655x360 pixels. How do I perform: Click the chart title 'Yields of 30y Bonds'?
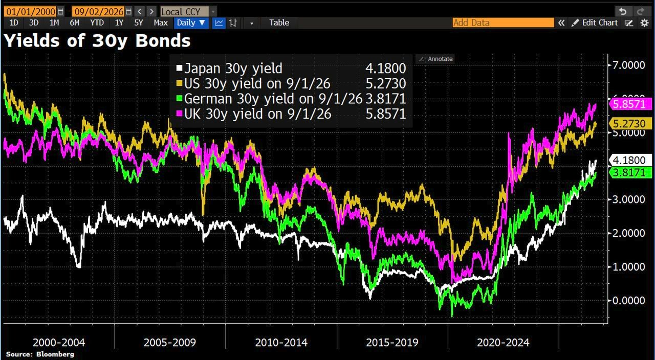pyautogui.click(x=97, y=40)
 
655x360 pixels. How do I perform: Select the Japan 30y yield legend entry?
pyautogui.click(x=291, y=69)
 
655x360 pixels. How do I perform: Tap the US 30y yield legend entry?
pyautogui.click(x=291, y=84)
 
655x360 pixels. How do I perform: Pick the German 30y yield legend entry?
pyautogui.click(x=291, y=99)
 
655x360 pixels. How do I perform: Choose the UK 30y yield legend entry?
pyautogui.click(x=291, y=114)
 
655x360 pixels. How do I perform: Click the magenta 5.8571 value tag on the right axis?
pyautogui.click(x=630, y=104)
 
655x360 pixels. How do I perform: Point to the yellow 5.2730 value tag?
pyautogui.click(x=630, y=124)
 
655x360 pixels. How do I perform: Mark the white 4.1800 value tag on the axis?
pyautogui.click(x=630, y=161)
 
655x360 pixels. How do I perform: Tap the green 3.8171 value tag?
pyautogui.click(x=630, y=173)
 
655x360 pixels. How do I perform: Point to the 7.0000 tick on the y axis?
pyautogui.click(x=628, y=65)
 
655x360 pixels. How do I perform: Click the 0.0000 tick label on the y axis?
pyautogui.click(x=628, y=300)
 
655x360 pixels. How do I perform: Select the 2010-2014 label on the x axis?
pyautogui.click(x=281, y=343)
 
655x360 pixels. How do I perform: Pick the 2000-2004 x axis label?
pyautogui.click(x=59, y=343)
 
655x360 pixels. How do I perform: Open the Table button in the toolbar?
pyautogui.click(x=279, y=23)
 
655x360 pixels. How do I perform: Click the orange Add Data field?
pyautogui.click(x=503, y=23)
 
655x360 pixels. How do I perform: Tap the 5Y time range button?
pyautogui.click(x=138, y=23)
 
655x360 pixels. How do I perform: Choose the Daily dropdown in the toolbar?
pyautogui.click(x=191, y=23)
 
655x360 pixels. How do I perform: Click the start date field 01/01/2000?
pyautogui.click(x=31, y=12)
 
